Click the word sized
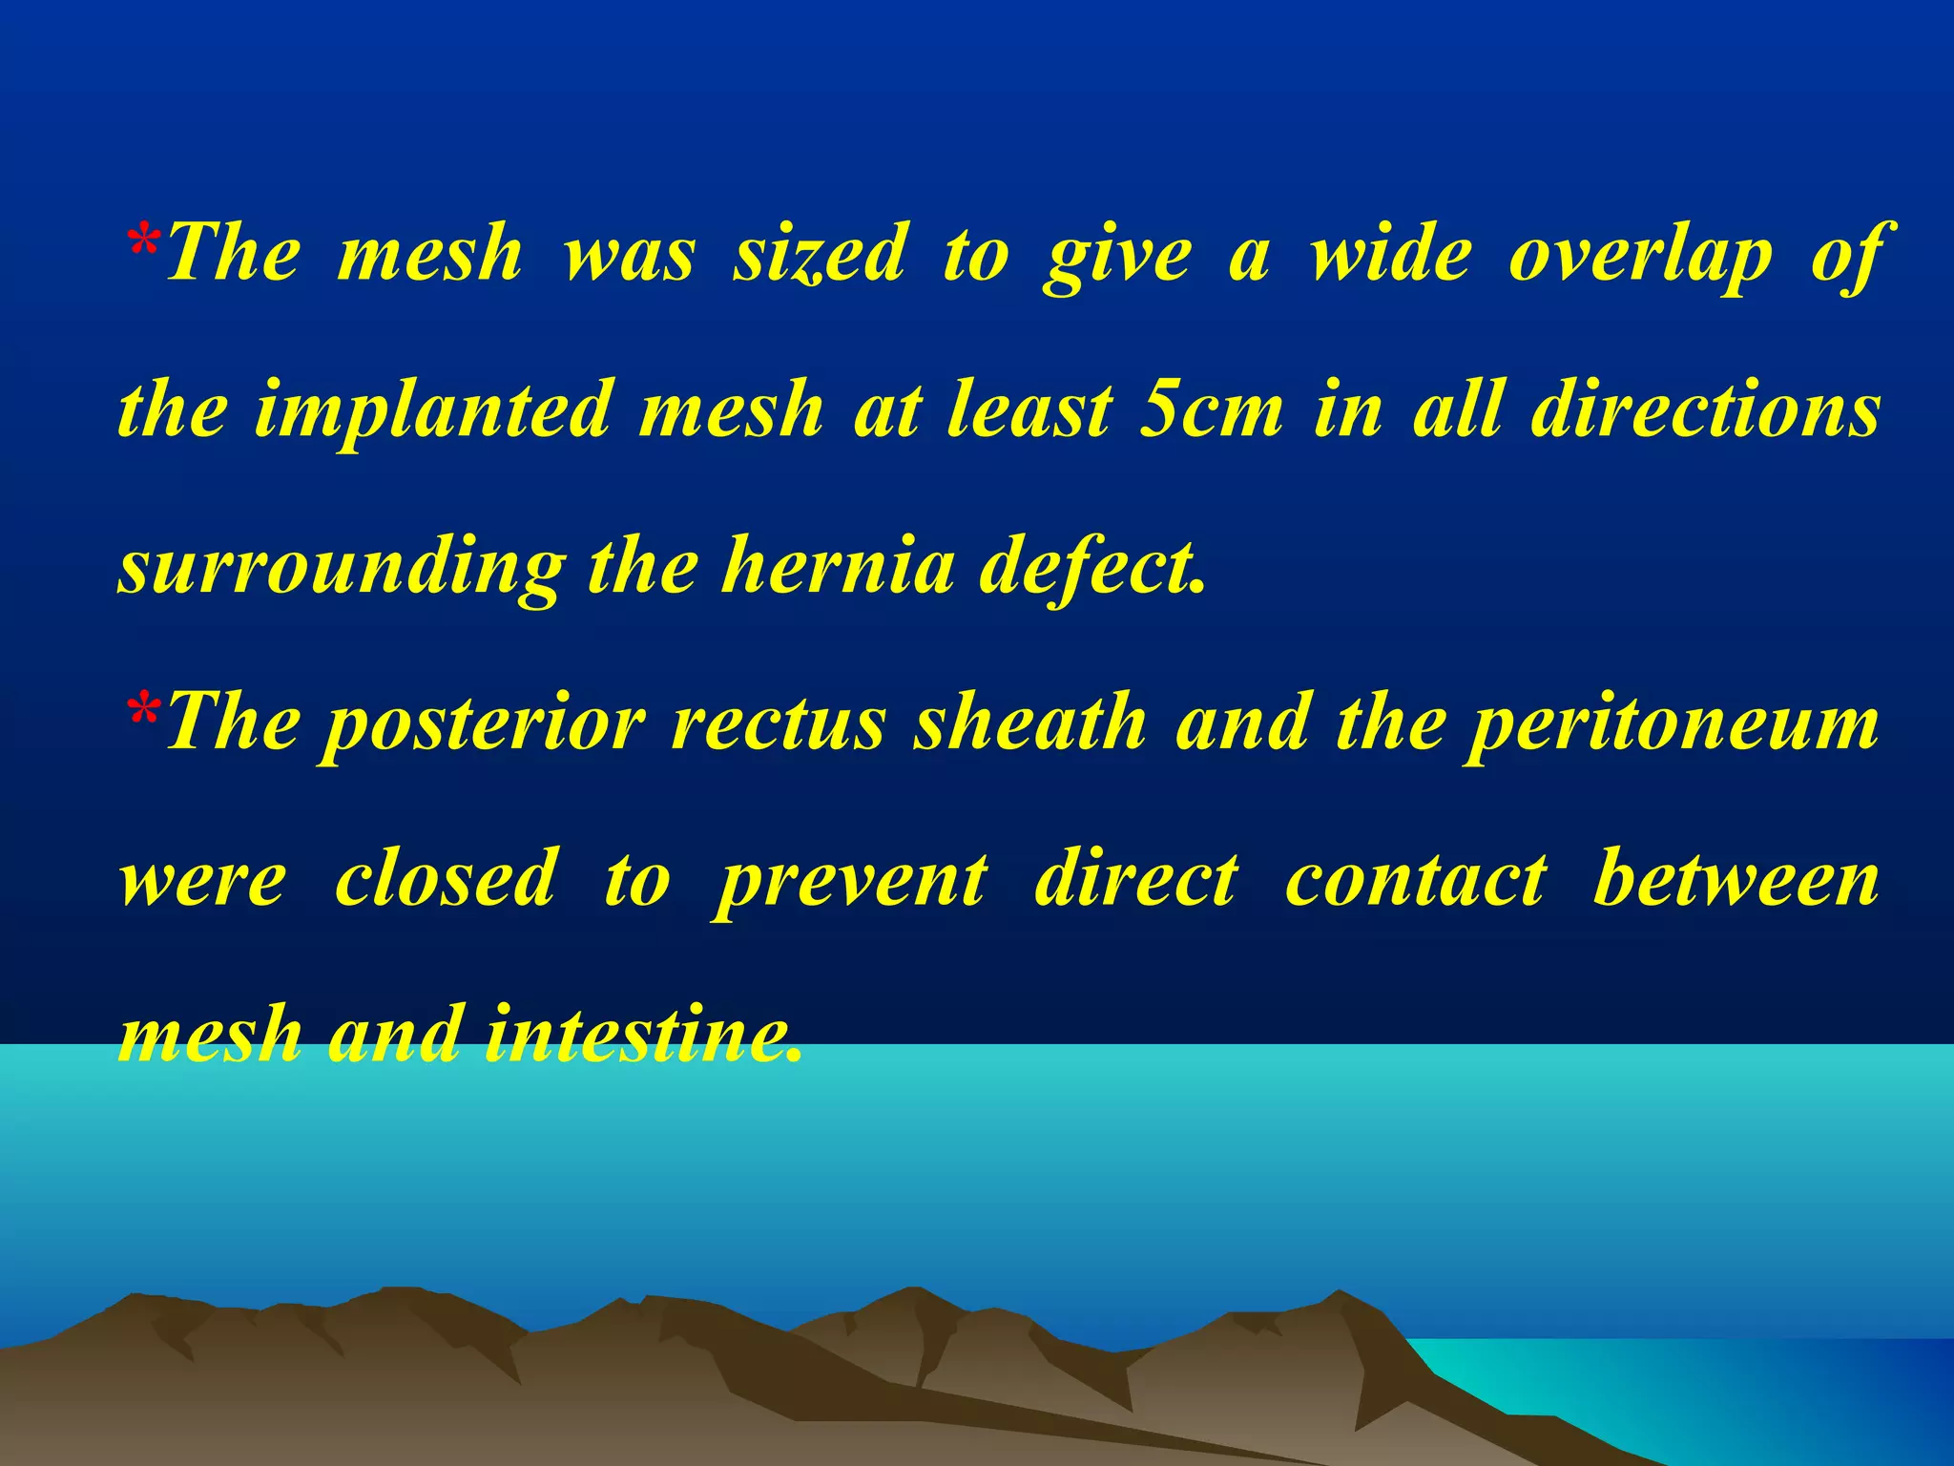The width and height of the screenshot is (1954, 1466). click(819, 254)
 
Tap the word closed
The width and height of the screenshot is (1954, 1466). click(445, 878)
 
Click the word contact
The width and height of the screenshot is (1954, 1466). click(1416, 878)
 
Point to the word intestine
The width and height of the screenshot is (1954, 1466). click(641, 1035)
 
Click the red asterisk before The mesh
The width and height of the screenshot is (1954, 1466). click(143, 244)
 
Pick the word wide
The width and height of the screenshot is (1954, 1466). click(1389, 254)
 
